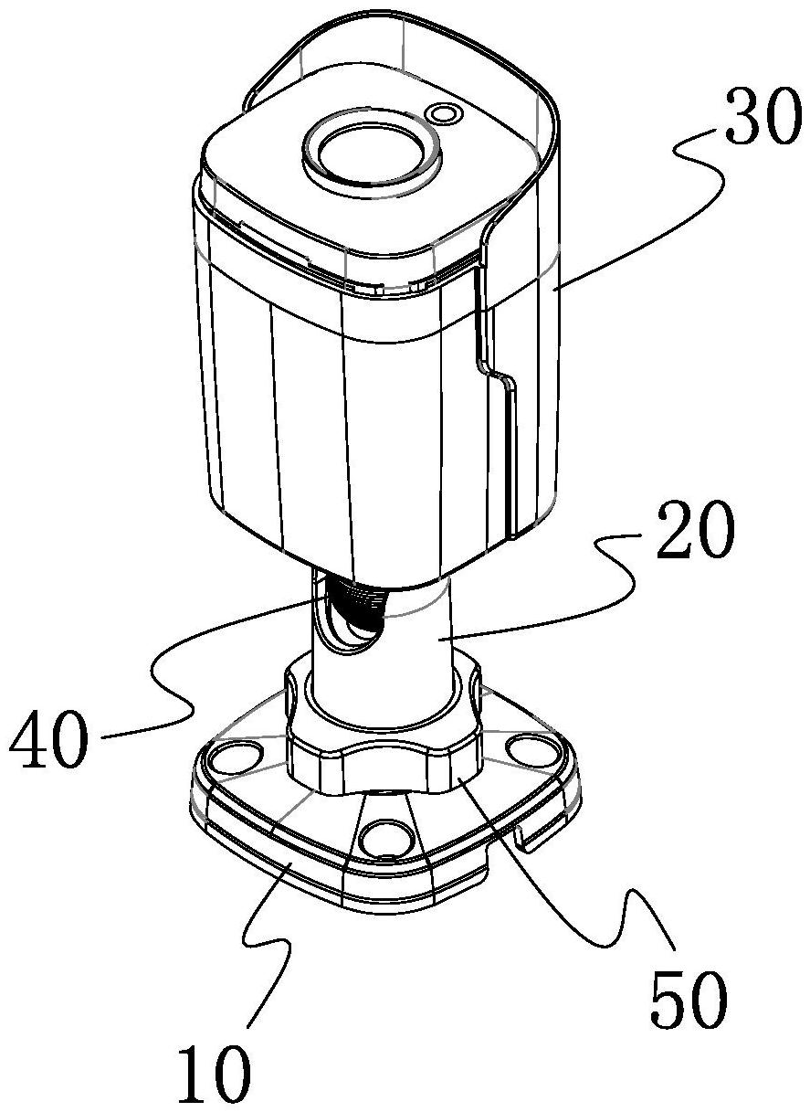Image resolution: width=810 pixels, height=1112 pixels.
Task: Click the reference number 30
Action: pyautogui.click(x=763, y=117)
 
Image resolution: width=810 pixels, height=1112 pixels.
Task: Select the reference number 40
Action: pyautogui.click(x=48, y=739)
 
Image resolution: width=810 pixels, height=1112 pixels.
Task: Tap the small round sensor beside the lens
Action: pyautogui.click(x=443, y=114)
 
